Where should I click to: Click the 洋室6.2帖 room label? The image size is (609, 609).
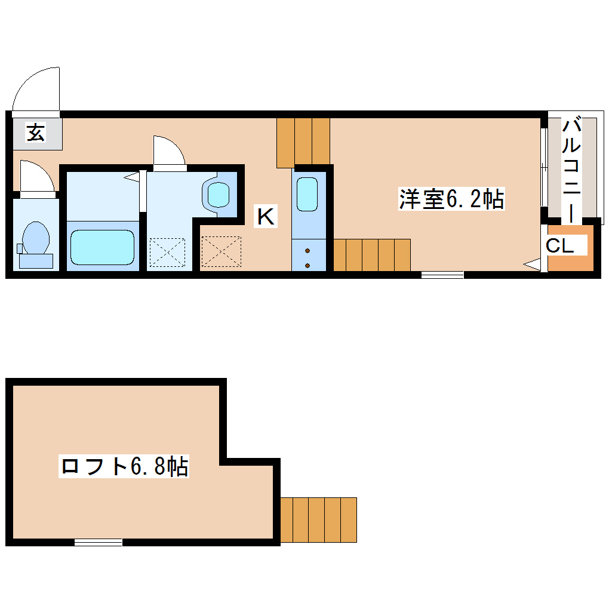pyautogui.click(x=452, y=199)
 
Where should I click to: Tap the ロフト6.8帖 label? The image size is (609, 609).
pyautogui.click(x=124, y=466)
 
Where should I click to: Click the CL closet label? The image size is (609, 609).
pyautogui.click(x=560, y=245)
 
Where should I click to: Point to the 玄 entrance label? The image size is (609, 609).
pyautogui.click(x=36, y=133)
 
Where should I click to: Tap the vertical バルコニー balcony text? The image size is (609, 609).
pyautogui.click(x=573, y=170)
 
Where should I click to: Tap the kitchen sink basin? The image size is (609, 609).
pyautogui.click(x=307, y=194)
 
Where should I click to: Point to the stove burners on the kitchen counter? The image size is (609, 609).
pyautogui.click(x=307, y=258)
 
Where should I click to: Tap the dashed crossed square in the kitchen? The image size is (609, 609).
pyautogui.click(x=222, y=251)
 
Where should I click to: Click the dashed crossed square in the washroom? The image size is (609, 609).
pyautogui.click(x=167, y=251)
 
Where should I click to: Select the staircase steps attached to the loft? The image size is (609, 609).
pyautogui.click(x=319, y=519)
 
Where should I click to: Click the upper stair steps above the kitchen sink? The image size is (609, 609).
pyautogui.click(x=303, y=141)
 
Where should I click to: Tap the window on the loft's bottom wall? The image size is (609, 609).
pyautogui.click(x=99, y=542)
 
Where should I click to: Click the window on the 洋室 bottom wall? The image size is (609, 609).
pyautogui.click(x=442, y=275)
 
